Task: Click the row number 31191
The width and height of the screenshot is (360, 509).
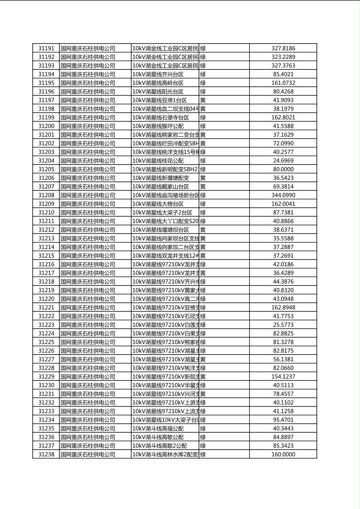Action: coord(46,48)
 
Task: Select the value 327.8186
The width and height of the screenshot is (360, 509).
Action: coord(283,48)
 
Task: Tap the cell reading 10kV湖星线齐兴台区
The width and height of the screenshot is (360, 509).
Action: coord(158,74)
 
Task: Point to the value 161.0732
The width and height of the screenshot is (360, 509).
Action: coord(283,83)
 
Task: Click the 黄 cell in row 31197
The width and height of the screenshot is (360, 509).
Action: coord(203,100)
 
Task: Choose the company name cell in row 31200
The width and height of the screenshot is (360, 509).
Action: coord(88,126)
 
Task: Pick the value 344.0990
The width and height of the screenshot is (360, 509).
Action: coord(283,195)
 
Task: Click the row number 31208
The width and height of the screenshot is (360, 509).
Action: coord(46,195)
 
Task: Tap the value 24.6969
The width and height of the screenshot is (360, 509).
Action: coord(283,161)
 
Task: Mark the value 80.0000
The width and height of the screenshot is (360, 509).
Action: coord(283,169)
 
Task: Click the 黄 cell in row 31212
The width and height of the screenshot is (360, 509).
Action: coord(203,230)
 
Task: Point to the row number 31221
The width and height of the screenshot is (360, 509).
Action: coord(46,307)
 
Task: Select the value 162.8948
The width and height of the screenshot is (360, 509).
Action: coord(283,307)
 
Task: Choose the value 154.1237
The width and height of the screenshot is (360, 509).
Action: coord(283,377)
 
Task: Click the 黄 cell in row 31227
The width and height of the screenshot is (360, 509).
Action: coord(203,359)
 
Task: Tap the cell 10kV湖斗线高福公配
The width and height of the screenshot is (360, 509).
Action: coord(158,428)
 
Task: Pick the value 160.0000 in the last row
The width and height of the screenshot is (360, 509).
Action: coord(283,454)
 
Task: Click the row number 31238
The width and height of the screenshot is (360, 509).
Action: coord(46,454)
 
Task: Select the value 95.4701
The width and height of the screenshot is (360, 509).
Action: coord(283,420)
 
